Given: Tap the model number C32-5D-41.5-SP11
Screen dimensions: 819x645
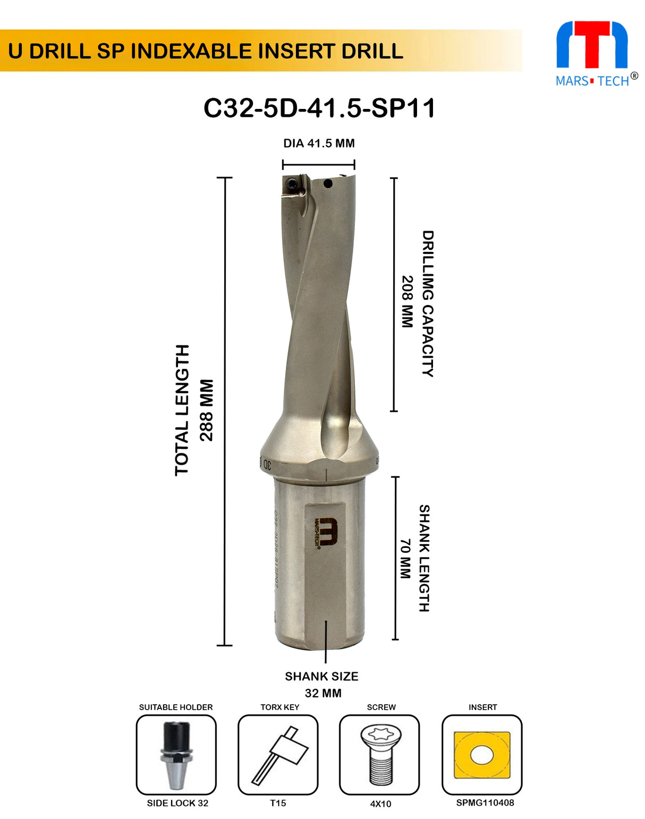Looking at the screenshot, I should [x=319, y=108].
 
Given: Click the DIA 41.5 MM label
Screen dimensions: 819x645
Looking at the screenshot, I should [x=319, y=143].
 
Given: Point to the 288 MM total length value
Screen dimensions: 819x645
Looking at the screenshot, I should [x=206, y=410].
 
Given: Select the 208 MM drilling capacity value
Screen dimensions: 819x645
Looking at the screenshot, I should [x=407, y=301].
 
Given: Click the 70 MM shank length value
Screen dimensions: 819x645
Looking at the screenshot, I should [x=405, y=559].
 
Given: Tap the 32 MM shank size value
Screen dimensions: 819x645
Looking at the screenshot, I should [x=323, y=693].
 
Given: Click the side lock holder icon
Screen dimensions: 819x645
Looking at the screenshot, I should [x=176, y=755].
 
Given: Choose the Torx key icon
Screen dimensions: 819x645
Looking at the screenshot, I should [x=278, y=755].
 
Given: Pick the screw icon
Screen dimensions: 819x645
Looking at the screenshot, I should [x=379, y=755].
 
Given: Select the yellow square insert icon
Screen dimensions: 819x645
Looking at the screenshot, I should [x=482, y=755].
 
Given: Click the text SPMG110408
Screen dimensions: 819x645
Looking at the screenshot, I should [x=485, y=803].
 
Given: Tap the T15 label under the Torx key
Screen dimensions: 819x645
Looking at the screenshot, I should [x=278, y=803].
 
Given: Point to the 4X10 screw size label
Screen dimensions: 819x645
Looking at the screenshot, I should [x=380, y=804].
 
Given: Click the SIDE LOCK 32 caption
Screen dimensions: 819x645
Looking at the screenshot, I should [x=177, y=803].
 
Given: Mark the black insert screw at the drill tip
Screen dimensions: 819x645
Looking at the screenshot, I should [x=291, y=184].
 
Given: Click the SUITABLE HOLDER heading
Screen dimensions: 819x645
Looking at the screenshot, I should [x=176, y=707].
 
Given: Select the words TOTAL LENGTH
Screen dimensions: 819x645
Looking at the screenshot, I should [x=182, y=410].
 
